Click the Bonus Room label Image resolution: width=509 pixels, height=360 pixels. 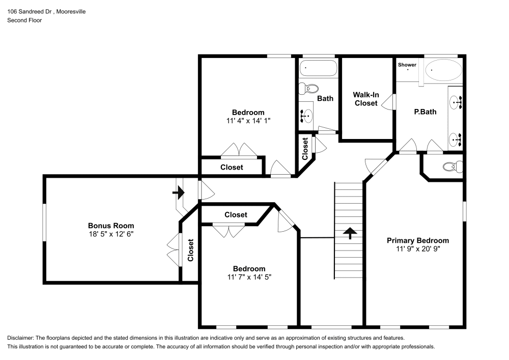point(111,226)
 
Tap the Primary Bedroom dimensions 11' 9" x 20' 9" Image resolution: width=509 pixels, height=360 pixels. point(417,250)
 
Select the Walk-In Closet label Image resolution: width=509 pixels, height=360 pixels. point(365,99)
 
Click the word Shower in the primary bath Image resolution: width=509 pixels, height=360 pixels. point(407,65)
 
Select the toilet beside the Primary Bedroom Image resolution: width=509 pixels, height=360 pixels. point(451,167)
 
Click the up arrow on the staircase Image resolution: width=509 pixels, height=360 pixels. point(349,233)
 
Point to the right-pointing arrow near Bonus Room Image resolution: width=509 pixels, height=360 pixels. point(178,192)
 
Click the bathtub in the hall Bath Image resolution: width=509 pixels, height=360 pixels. point(318,68)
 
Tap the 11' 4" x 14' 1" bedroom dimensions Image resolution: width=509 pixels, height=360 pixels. point(248,121)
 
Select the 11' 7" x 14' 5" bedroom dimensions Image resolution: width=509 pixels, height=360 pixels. point(249,278)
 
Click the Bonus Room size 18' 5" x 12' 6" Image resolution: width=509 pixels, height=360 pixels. point(111,234)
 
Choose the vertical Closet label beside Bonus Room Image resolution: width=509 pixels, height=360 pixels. point(190,250)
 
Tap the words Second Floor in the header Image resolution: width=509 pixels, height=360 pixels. point(24,20)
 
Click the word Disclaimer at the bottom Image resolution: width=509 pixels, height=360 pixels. point(20,338)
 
